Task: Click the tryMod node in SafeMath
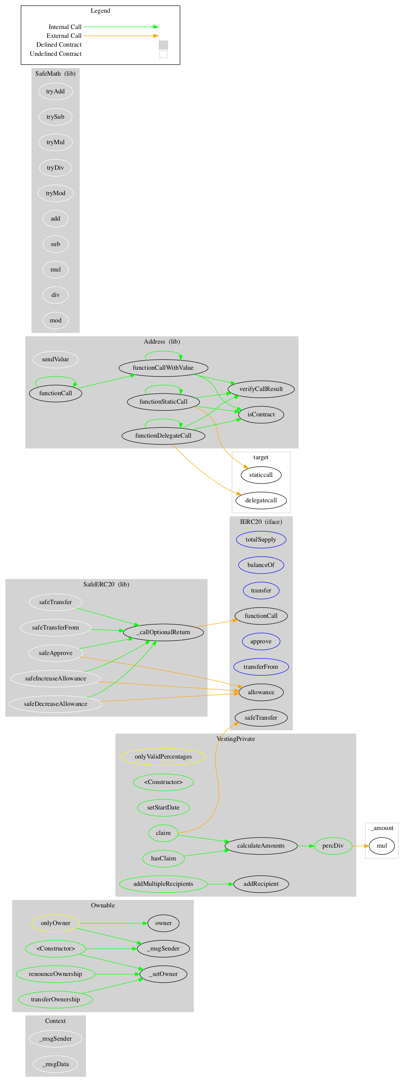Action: (55, 193)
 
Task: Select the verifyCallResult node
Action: (261, 389)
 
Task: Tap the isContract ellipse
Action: (261, 415)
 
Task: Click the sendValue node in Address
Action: (55, 359)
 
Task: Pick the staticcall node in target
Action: (261, 475)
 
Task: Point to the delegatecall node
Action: (261, 501)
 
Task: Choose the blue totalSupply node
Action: (261, 540)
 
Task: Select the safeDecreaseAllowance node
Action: (55, 704)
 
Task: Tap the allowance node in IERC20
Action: (261, 692)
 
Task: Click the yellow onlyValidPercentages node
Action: (163, 757)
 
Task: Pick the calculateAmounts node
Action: (261, 846)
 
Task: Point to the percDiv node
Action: (333, 846)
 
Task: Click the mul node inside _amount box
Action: (382, 846)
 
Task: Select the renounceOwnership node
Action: (55, 974)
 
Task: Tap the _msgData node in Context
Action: (55, 1064)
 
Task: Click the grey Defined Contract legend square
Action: (163, 45)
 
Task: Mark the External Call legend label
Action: (64, 36)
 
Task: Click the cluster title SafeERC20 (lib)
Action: (106, 585)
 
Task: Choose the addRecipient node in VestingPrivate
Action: (261, 884)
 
